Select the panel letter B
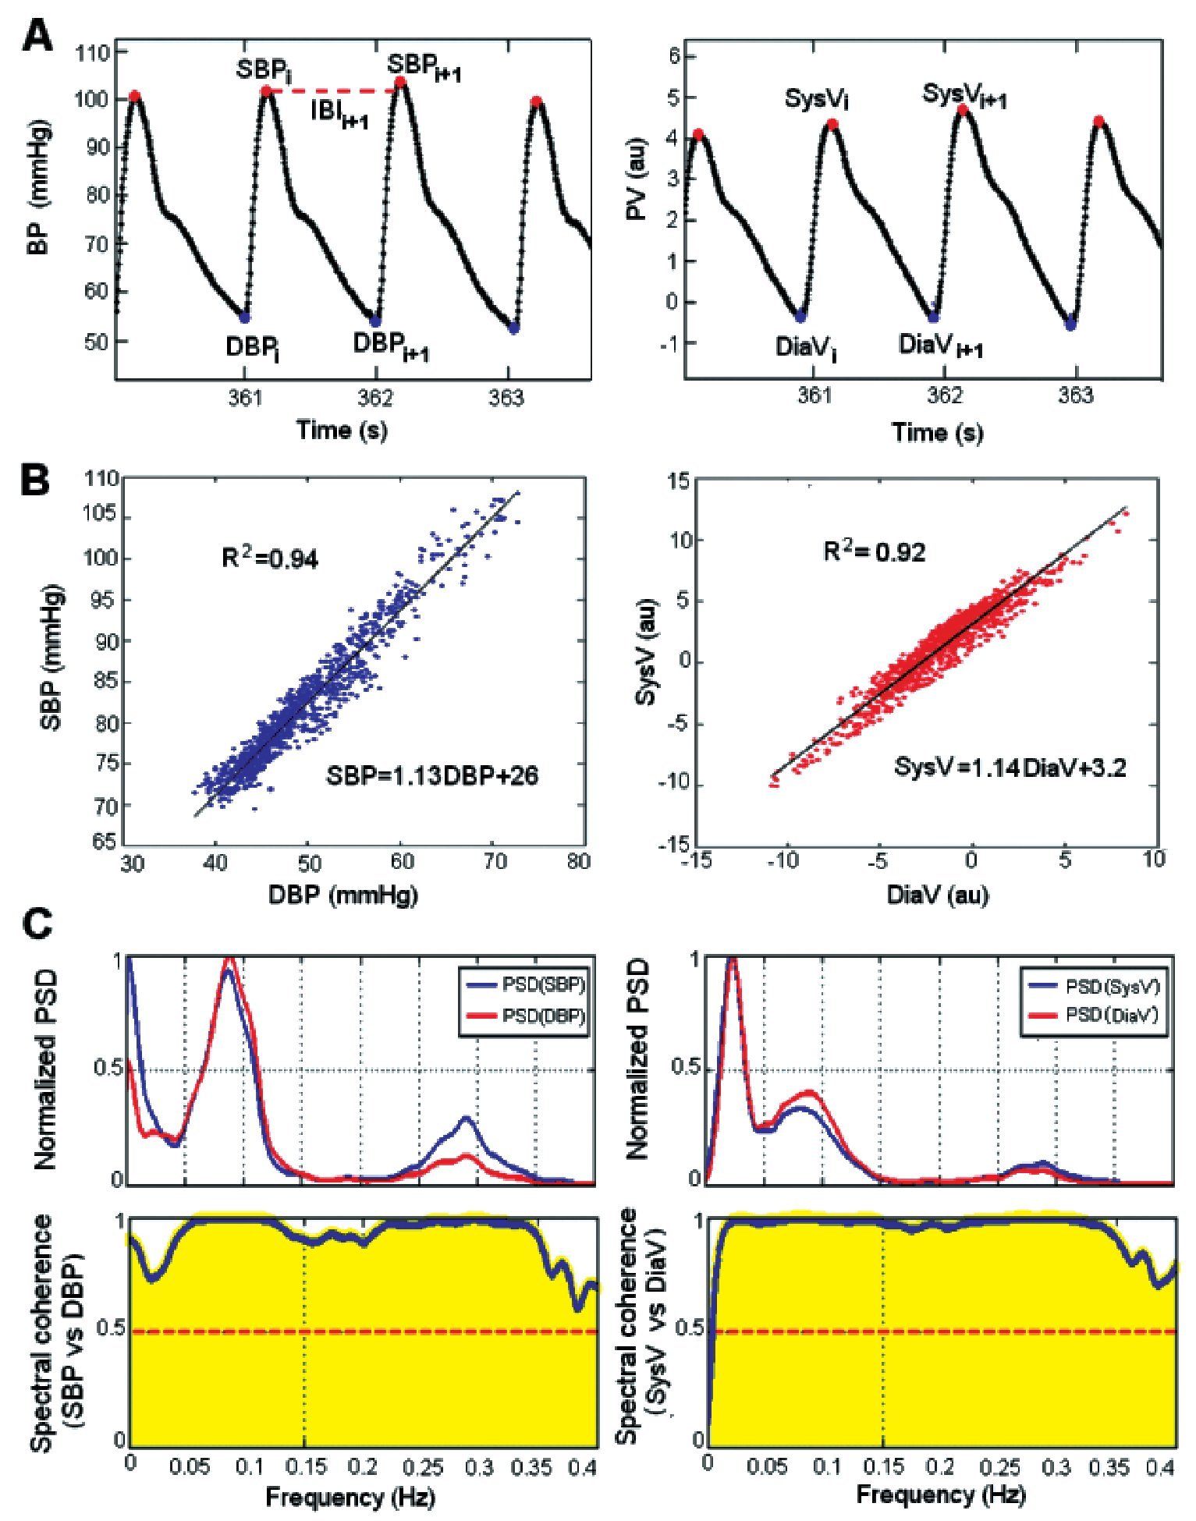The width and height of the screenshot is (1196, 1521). [36, 479]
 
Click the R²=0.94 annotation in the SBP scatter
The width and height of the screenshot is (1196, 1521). [270, 557]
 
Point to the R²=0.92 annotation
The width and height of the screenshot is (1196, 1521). [874, 551]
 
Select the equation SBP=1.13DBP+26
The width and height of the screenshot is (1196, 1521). [432, 775]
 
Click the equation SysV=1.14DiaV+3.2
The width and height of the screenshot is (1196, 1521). [1010, 768]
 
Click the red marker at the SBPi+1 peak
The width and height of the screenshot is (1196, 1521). [400, 82]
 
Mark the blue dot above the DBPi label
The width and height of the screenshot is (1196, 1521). [245, 317]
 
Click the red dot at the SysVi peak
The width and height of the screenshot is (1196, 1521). [832, 124]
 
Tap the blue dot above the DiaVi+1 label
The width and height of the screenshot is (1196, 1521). [933, 317]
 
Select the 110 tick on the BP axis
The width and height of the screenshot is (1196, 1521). [94, 52]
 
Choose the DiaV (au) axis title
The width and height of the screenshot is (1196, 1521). [937, 894]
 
